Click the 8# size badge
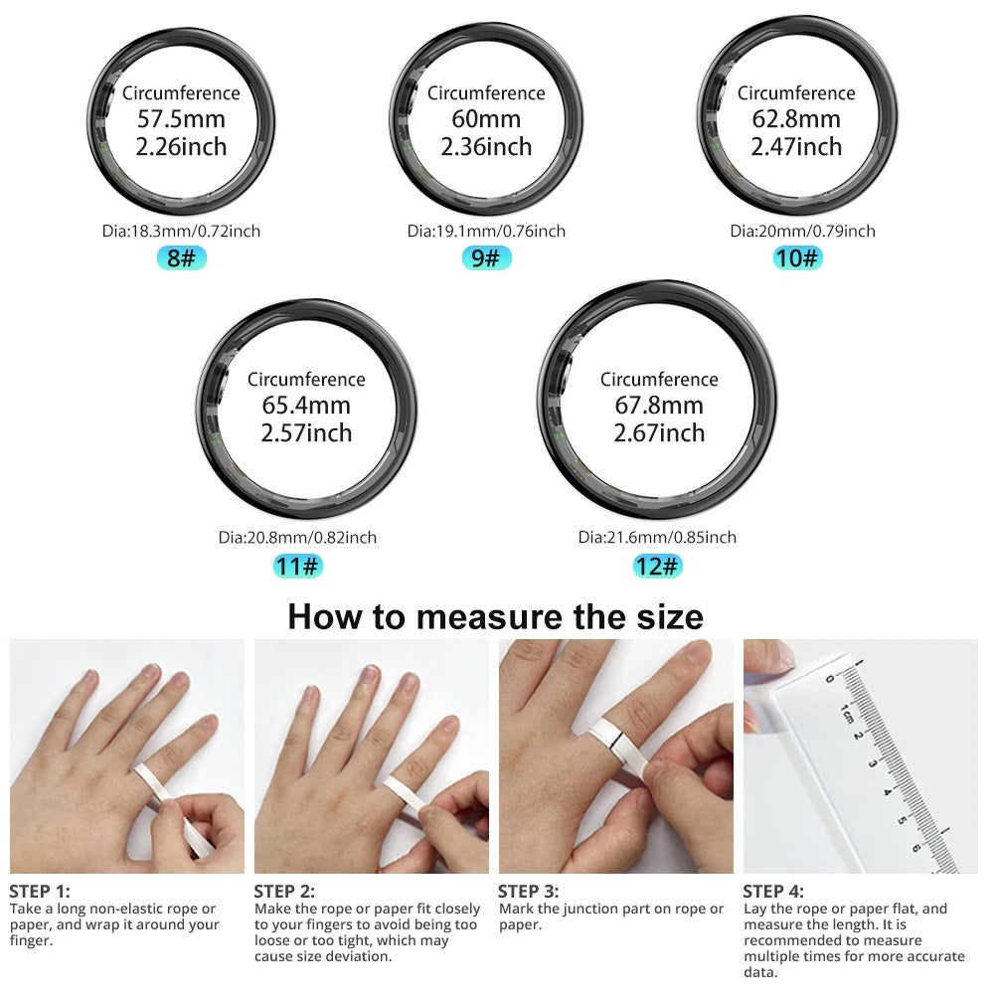(x=182, y=258)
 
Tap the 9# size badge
(x=486, y=258)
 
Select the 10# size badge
(x=798, y=258)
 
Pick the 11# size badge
(x=298, y=567)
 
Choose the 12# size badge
(x=658, y=567)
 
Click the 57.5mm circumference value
(x=181, y=119)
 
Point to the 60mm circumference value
(x=486, y=119)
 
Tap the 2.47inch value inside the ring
(x=796, y=146)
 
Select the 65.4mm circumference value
(x=306, y=406)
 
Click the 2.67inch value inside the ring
(x=659, y=432)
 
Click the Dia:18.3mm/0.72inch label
(x=182, y=231)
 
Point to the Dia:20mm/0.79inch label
(x=802, y=231)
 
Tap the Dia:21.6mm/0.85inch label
(x=657, y=537)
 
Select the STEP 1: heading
(x=40, y=892)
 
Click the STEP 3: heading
(x=528, y=892)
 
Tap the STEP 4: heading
(x=773, y=892)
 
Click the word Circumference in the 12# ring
(x=659, y=380)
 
